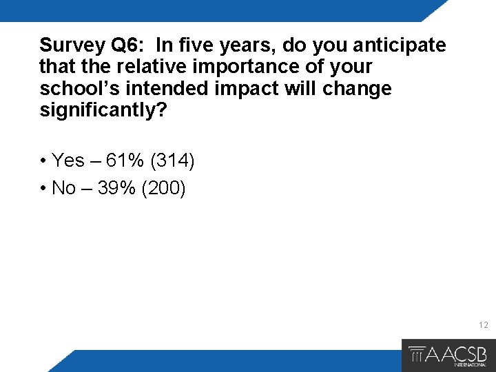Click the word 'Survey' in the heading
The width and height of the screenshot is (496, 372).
72,45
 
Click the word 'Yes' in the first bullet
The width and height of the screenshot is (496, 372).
68,161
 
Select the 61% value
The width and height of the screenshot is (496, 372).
125,161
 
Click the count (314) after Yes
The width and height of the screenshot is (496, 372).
172,161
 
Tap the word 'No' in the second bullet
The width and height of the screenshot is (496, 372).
64,188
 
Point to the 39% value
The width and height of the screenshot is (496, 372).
116,188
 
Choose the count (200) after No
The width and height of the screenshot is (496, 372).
163,188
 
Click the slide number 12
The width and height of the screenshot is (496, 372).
483,324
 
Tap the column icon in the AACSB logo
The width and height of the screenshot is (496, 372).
417,355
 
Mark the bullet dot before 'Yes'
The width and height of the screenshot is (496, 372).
43,161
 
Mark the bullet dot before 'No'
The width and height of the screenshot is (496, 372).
43,189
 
